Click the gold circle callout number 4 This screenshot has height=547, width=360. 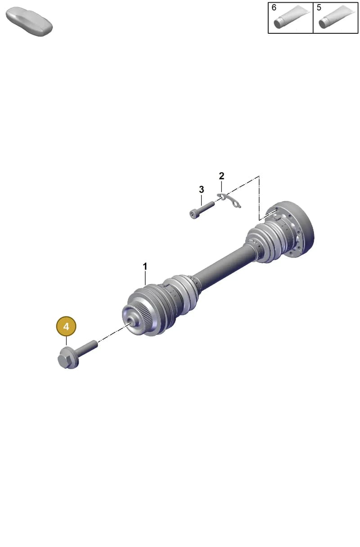coord(66,326)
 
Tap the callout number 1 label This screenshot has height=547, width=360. coord(145,267)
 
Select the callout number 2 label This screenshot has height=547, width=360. coord(221,176)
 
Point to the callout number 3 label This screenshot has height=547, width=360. coord(201,189)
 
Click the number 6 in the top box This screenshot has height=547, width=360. coord(274,8)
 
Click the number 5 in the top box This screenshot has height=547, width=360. coord(319,8)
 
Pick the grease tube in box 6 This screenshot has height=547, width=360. coord(292,17)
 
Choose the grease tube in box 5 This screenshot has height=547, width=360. coord(337,17)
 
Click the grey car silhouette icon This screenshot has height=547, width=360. coord(29,22)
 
